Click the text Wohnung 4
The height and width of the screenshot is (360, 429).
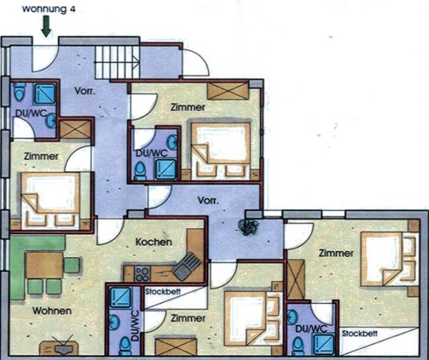click(x=47, y=9)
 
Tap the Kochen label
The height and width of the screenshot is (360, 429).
click(x=154, y=243)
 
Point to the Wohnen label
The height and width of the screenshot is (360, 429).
click(x=51, y=311)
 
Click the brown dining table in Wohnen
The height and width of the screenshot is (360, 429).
click(x=44, y=265)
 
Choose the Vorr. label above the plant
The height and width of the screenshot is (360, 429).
click(x=208, y=200)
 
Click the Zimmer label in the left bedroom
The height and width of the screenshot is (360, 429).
click(x=40, y=155)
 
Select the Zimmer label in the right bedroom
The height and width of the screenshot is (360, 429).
click(x=335, y=253)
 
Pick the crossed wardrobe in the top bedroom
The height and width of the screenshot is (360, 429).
click(x=227, y=91)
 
